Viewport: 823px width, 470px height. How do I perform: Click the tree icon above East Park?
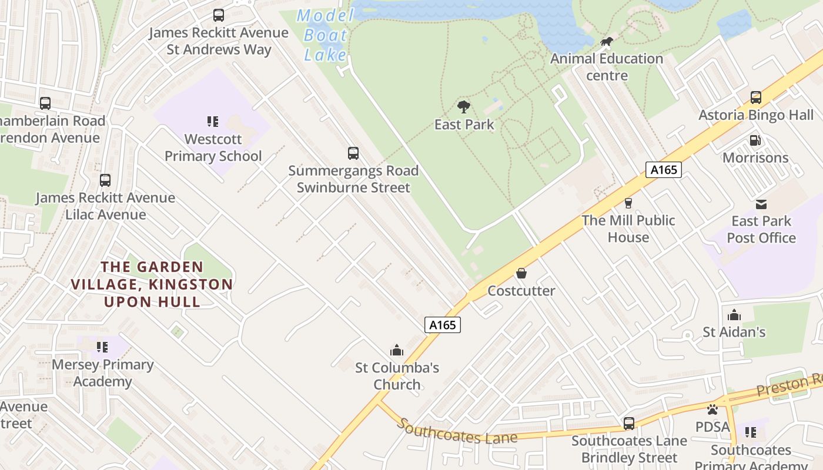tap(464, 106)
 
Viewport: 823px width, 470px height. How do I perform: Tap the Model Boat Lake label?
tap(325, 35)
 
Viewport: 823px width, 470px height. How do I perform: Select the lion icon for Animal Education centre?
tap(607, 42)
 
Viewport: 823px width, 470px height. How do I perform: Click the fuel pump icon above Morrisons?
tap(755, 140)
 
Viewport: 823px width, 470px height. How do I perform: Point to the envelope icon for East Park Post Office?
tap(761, 204)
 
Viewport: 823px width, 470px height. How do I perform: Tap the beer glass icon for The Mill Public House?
tap(628, 203)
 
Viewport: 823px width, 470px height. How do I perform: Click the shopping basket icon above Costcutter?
tap(521, 273)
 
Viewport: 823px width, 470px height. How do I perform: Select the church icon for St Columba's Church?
tap(397, 350)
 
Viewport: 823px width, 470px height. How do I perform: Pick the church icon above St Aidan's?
tap(734, 315)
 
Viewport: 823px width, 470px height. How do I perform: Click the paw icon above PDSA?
tap(712, 409)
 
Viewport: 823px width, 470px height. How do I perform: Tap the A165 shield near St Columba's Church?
tap(442, 325)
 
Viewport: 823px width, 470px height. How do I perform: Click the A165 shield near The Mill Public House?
tap(664, 170)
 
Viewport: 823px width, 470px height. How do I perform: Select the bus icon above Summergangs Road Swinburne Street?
tap(353, 153)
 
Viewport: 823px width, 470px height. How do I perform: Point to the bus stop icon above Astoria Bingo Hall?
tap(756, 98)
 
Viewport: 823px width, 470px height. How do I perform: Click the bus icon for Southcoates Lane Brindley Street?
tap(629, 423)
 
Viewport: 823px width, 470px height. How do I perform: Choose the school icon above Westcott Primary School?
tap(213, 122)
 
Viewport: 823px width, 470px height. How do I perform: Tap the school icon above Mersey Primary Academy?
tap(102, 347)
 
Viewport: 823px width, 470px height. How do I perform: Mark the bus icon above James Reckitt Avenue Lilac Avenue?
tap(105, 180)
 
